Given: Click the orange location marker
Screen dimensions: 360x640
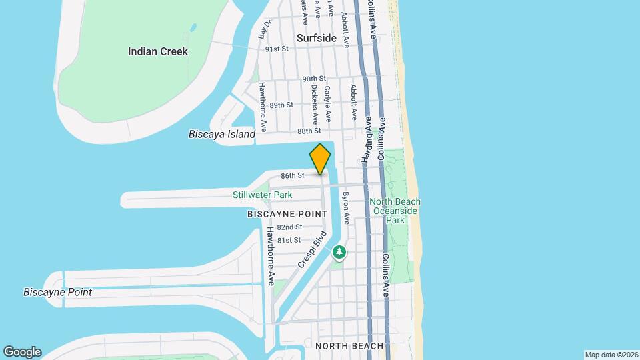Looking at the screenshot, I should [x=320, y=159].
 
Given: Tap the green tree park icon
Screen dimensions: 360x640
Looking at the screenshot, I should [x=340, y=252].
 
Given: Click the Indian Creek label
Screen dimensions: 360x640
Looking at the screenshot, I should [x=158, y=51].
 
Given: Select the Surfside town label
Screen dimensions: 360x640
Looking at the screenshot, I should [x=317, y=38].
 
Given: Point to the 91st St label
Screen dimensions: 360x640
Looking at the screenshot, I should [x=276, y=49].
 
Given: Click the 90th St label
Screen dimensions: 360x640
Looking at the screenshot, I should [x=313, y=79].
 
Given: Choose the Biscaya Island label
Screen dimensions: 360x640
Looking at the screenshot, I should [x=222, y=134].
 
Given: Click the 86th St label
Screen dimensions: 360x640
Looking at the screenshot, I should [x=292, y=175].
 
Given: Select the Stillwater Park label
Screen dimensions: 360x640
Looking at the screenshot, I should [x=262, y=195].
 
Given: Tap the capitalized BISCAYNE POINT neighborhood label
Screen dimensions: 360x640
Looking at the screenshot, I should [x=287, y=214].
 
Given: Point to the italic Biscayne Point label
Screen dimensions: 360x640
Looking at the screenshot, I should [x=57, y=292].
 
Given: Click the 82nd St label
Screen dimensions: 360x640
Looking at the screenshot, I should [x=289, y=227].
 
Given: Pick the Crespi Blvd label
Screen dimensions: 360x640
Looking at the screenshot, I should [x=311, y=250].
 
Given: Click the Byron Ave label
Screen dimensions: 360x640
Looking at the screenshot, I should [x=345, y=207].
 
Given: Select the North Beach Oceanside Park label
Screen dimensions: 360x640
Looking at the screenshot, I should [x=395, y=211].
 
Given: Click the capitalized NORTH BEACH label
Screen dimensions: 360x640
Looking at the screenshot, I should [x=349, y=346].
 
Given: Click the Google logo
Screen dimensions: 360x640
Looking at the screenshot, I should [x=22, y=351].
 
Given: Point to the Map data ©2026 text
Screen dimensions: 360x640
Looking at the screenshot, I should [x=611, y=355].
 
